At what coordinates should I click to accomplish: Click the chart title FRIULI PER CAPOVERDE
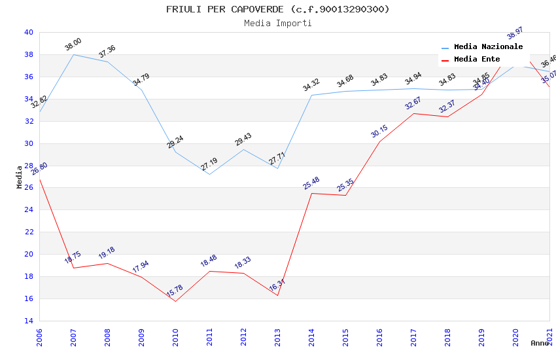277,9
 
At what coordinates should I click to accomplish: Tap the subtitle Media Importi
277,23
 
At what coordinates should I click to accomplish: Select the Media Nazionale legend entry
488,47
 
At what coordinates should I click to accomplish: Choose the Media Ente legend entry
476,60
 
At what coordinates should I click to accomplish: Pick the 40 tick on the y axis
28,32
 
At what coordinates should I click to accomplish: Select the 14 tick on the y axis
28,321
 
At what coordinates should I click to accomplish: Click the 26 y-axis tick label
28,188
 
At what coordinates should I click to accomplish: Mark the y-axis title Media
19,177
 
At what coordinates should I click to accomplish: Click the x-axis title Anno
540,343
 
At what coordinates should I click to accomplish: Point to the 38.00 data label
73,45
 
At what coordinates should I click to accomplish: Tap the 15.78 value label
175,291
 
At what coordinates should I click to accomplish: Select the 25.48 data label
311,183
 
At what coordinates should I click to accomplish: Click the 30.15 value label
379,132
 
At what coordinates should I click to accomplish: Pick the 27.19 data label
209,164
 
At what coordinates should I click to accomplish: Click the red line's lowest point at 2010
175,301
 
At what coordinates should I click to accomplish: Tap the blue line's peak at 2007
73,54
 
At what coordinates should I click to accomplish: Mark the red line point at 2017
413,113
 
